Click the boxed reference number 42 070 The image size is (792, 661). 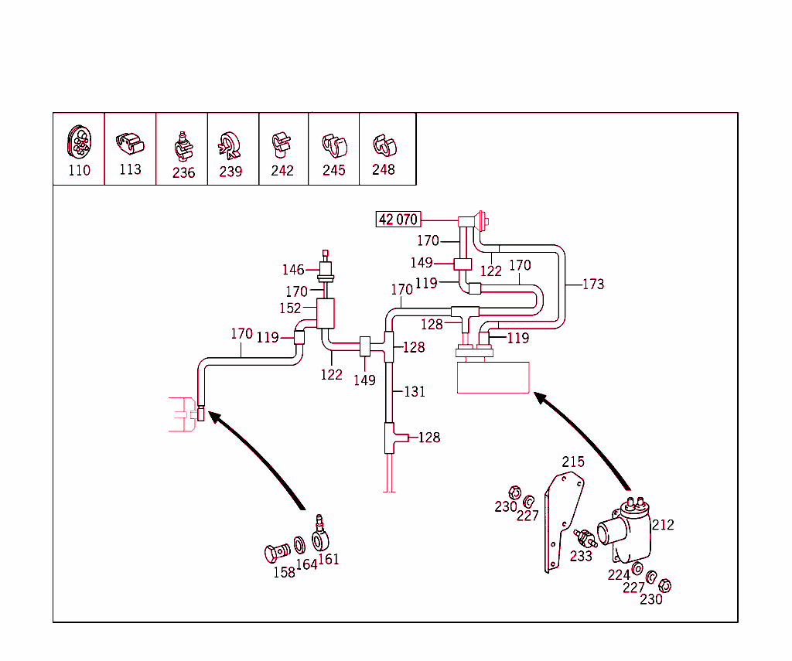[x=398, y=220]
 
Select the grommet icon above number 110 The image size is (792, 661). [x=78, y=141]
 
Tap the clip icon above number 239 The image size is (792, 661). [x=229, y=145]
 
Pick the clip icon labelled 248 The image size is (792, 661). [x=383, y=145]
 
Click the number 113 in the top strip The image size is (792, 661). [x=130, y=169]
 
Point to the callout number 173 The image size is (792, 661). [x=592, y=285]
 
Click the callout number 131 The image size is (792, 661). [x=415, y=392]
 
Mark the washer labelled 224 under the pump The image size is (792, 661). [x=637, y=570]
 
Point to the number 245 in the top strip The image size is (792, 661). [x=333, y=170]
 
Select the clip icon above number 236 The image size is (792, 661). [x=182, y=145]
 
